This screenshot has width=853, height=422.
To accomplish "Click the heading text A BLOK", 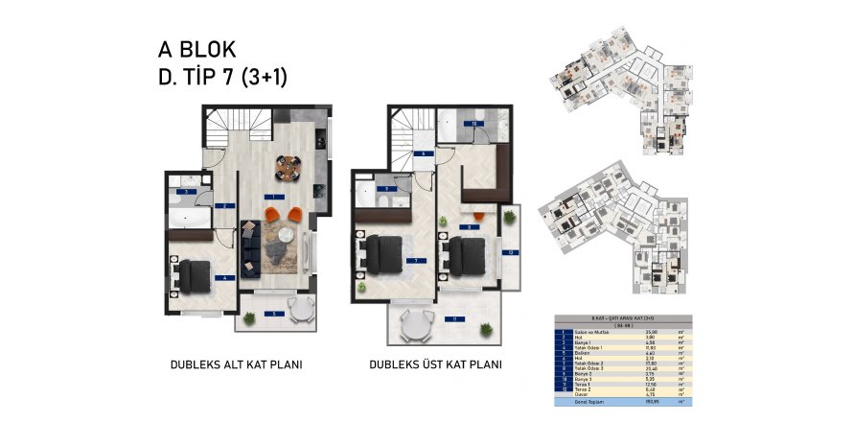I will pyautogui.click(x=196, y=50).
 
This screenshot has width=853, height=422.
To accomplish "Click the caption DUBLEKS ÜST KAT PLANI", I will pyautogui.click(x=435, y=364).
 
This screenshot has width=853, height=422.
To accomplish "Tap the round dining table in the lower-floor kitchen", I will pyautogui.click(x=288, y=167).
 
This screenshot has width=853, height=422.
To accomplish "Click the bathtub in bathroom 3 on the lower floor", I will pyautogui.click(x=190, y=220).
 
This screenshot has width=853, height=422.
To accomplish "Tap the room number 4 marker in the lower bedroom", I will pyautogui.click(x=223, y=278).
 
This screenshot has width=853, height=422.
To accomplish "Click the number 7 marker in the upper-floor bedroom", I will pyautogui.click(x=413, y=259).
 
